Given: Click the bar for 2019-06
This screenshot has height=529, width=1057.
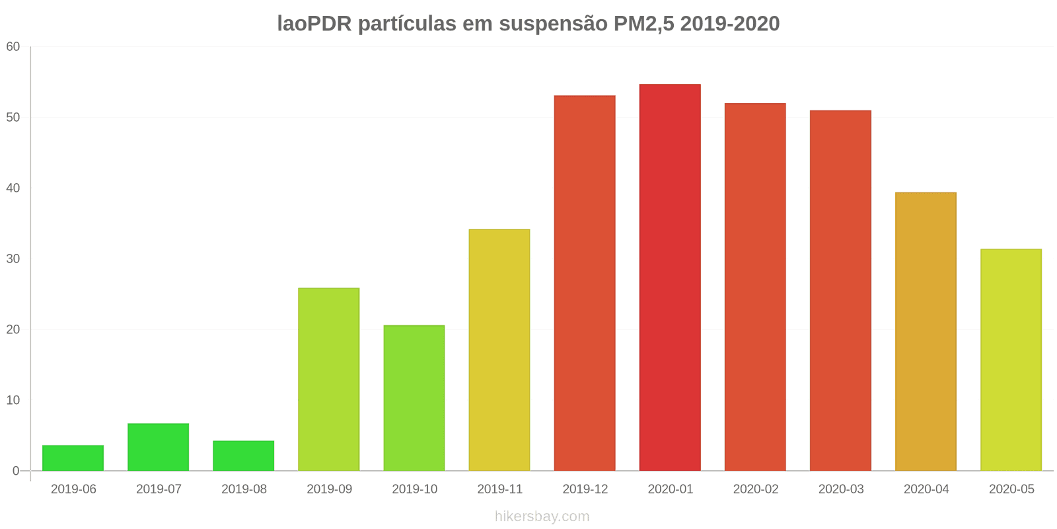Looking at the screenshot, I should click(73, 458).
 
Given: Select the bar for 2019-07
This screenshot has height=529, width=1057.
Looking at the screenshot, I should click(158, 447).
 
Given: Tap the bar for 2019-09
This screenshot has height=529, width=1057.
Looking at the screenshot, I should click(328, 380).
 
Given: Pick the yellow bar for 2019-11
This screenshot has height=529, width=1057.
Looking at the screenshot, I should click(499, 350).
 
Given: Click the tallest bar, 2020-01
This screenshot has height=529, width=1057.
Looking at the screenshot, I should click(670, 278).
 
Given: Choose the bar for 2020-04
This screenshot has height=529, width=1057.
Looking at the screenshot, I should click(926, 331).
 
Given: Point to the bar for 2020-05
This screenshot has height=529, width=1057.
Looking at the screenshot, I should click(1011, 360).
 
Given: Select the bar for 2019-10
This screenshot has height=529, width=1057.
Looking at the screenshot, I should click(414, 398).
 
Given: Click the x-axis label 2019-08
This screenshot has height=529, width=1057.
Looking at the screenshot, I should click(244, 489).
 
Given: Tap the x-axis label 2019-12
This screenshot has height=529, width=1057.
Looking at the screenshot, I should click(585, 489).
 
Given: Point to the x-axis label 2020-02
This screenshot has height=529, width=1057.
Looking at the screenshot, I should click(756, 489).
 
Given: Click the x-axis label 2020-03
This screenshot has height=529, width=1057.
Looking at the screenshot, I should click(841, 489).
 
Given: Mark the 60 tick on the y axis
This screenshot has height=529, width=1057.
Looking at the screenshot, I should click(13, 47).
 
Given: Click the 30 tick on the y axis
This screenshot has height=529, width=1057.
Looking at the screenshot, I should click(13, 259).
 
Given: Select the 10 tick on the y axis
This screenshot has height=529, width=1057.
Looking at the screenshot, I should click(13, 401).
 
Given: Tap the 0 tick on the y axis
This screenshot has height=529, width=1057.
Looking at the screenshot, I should click(16, 471).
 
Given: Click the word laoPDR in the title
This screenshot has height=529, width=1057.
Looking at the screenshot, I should click(314, 24).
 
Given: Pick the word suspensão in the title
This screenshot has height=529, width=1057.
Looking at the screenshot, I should click(553, 24).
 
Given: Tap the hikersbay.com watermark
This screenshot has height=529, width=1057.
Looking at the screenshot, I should click(542, 516).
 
